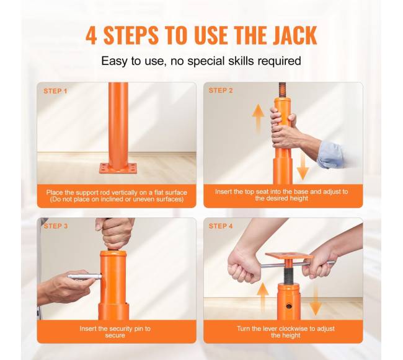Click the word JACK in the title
click(x=294, y=35)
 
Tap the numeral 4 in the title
click(x=91, y=35)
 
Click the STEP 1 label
click(x=55, y=91)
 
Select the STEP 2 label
click(x=221, y=90)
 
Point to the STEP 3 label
click(x=56, y=226)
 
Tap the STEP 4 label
click(x=221, y=226)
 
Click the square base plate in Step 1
click(x=118, y=168)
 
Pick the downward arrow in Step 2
click(x=303, y=167)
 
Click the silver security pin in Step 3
click(x=84, y=276)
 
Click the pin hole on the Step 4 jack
click(x=289, y=306)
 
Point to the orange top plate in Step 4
click(x=289, y=256)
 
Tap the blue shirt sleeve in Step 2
click(x=331, y=154)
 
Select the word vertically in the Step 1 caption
click(x=124, y=193)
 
